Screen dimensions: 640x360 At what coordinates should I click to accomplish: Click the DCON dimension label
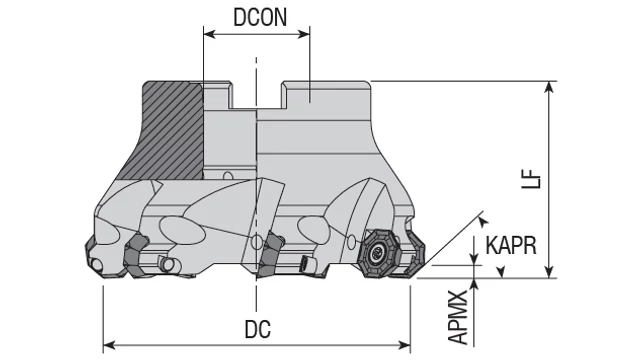tap(260, 17)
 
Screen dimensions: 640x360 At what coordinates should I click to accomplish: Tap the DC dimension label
tap(258, 329)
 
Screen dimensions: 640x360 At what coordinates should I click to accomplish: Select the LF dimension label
tap(531, 179)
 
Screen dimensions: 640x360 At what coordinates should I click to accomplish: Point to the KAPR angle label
tap(511, 245)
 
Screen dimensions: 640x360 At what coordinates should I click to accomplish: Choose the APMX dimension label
tap(457, 317)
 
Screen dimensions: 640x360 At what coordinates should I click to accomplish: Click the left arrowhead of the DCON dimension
tap(209, 34)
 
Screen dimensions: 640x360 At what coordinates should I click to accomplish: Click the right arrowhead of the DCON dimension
tap(304, 34)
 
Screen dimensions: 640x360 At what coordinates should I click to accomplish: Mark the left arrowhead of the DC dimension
tap(109, 346)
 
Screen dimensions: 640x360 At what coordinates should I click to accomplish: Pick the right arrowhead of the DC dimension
tap(404, 346)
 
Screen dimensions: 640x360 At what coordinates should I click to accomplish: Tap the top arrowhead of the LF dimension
tap(550, 87)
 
